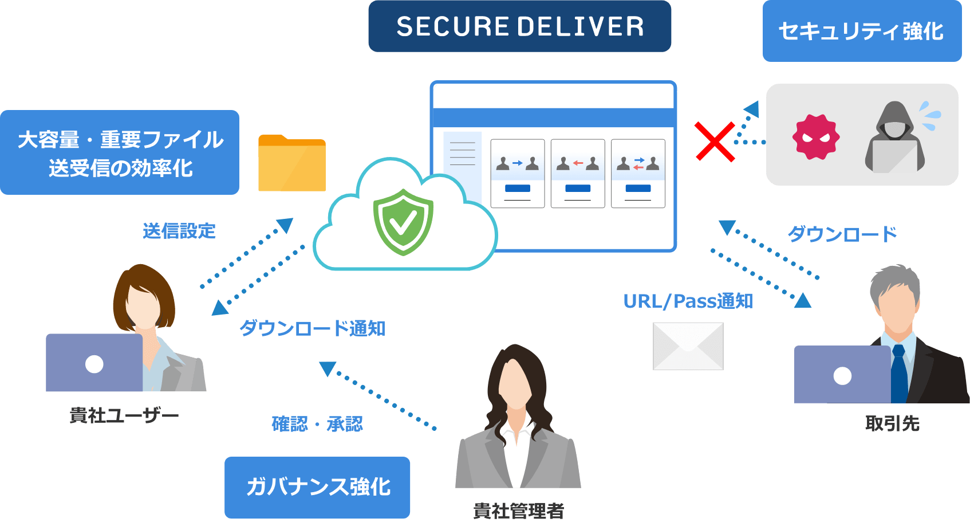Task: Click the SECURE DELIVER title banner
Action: click(519, 26)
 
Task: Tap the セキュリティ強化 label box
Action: click(861, 31)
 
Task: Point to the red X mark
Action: click(714, 141)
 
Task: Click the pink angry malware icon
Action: click(815, 137)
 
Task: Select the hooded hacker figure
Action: click(894, 138)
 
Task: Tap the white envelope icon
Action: click(688, 346)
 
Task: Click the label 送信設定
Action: click(179, 231)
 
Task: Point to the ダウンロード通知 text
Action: click(312, 328)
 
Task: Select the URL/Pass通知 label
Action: click(687, 301)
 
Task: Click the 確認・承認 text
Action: click(317, 424)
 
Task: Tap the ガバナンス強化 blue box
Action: click(317, 487)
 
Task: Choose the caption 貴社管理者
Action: click(518, 511)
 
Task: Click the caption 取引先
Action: click(892, 423)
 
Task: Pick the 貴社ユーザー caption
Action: click(124, 415)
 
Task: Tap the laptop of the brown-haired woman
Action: click(94, 363)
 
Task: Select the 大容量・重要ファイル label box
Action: click(120, 152)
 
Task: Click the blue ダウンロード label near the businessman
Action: click(842, 234)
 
